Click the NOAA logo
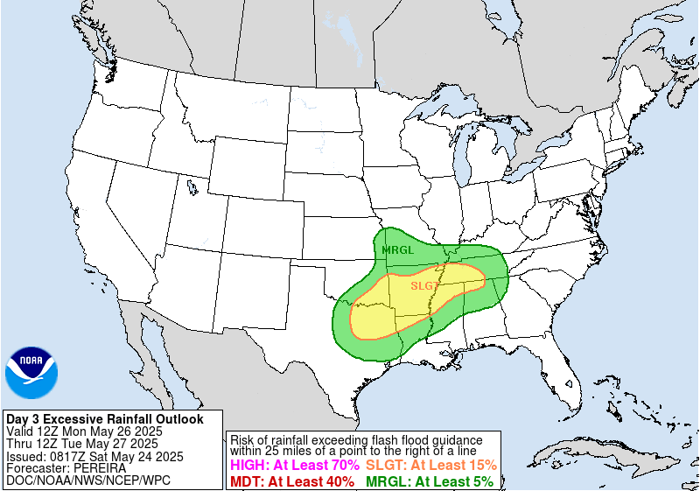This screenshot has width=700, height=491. tap(31, 373)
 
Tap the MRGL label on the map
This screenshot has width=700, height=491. tap(397, 250)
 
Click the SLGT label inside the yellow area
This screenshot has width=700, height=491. tap(424, 285)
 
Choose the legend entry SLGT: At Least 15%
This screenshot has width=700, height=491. tap(430, 466)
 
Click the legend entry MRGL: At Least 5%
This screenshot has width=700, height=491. tap(429, 480)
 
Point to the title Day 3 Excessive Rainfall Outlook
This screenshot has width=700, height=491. tap(104, 419)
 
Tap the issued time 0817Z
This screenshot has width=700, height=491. tap(66, 456)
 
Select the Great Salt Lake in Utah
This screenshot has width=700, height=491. tap(191, 186)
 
